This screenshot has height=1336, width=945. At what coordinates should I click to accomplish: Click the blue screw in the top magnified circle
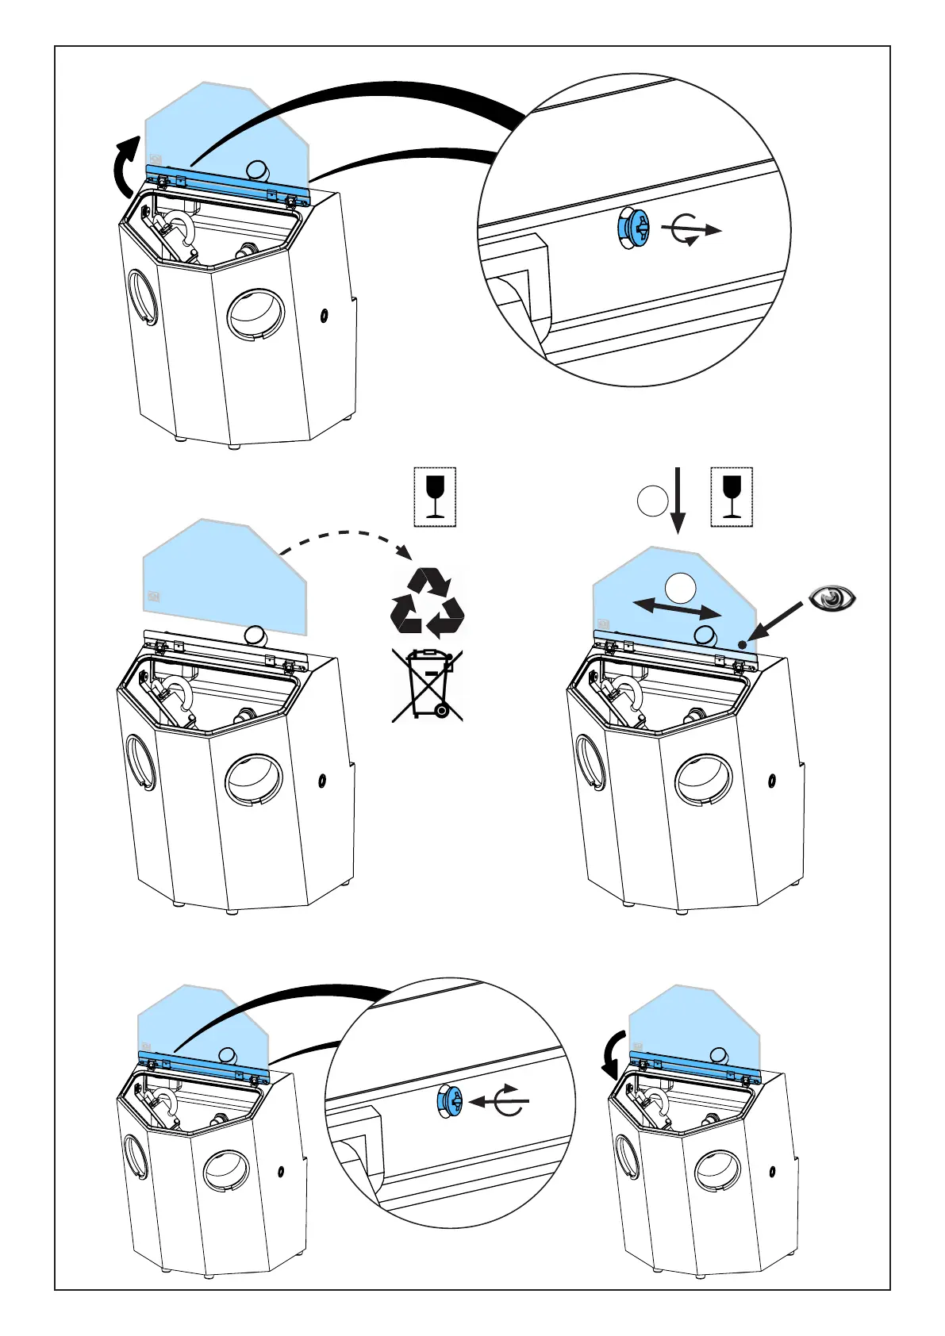632,230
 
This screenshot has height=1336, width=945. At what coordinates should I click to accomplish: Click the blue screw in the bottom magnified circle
450,1102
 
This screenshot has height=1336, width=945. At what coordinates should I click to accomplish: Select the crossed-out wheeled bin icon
427,685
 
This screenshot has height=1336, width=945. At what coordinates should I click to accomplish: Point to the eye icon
832,597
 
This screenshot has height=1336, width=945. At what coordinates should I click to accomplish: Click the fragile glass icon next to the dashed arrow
435,497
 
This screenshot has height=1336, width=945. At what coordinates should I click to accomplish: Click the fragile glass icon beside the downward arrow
732,497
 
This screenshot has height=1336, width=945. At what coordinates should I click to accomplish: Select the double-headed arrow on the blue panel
677,608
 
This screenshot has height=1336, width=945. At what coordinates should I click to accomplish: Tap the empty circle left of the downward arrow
652,501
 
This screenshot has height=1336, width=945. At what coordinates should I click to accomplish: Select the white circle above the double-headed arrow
680,588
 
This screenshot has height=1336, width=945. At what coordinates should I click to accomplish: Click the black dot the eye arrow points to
742,644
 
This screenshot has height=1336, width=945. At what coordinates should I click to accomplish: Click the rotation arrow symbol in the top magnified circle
690,230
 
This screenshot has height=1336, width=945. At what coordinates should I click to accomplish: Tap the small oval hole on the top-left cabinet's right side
324,316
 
